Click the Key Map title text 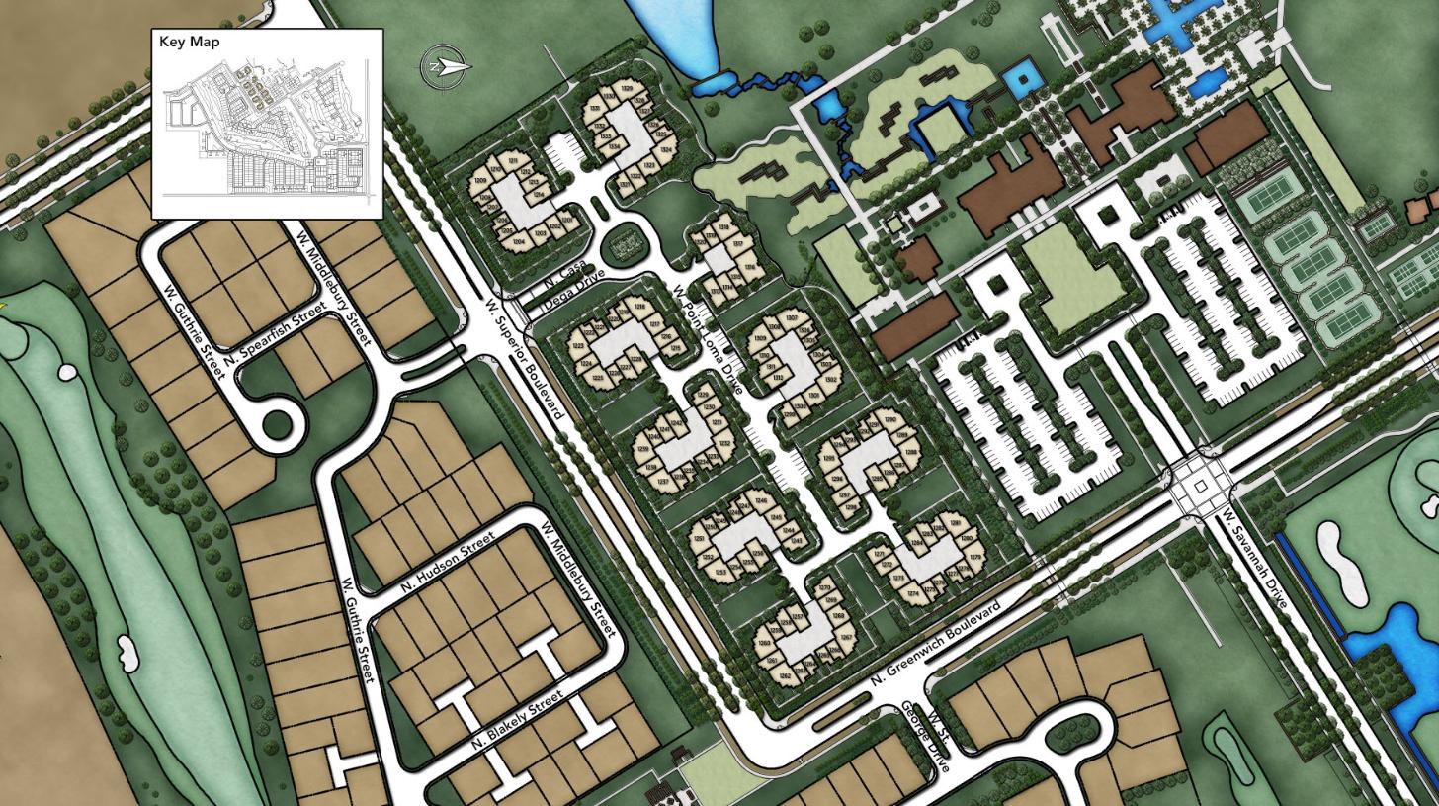pos(190,43)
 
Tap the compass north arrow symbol pos(446,67)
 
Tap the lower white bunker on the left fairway pos(127,654)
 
